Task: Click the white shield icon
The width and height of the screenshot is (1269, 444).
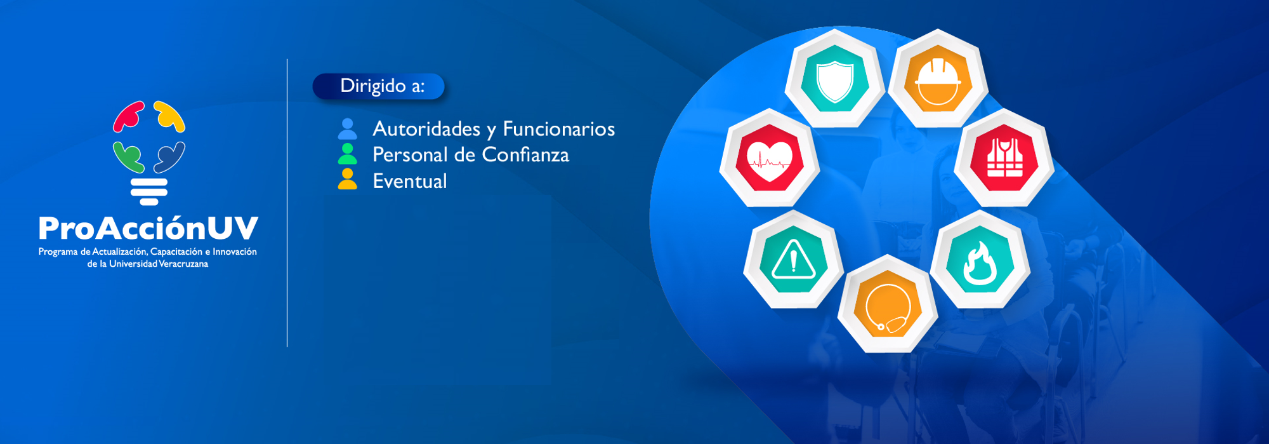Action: [834, 81]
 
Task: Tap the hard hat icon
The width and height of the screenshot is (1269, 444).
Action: [938, 82]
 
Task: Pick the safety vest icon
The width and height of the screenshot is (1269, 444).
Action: [1005, 158]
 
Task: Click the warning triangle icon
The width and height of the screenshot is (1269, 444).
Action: [793, 259]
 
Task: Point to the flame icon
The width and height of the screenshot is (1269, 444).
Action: [980, 262]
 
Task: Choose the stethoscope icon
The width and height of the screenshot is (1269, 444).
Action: [888, 308]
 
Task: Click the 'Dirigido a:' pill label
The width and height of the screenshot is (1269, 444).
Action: [379, 86]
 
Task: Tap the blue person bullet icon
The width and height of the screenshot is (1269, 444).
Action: [347, 129]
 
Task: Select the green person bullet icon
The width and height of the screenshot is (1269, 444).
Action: [347, 154]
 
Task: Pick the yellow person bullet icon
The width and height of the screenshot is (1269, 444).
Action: [347, 179]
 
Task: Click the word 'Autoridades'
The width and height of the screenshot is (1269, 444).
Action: [426, 129]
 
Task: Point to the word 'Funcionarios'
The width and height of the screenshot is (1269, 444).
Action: [559, 129]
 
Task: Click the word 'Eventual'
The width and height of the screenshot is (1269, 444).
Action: [410, 181]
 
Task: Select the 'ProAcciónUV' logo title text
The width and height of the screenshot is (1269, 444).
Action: [148, 228]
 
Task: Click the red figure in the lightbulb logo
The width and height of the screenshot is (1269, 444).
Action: [128, 116]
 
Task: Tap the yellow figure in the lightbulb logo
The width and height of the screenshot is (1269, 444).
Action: [169, 116]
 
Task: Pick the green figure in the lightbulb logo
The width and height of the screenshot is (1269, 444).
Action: [128, 157]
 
